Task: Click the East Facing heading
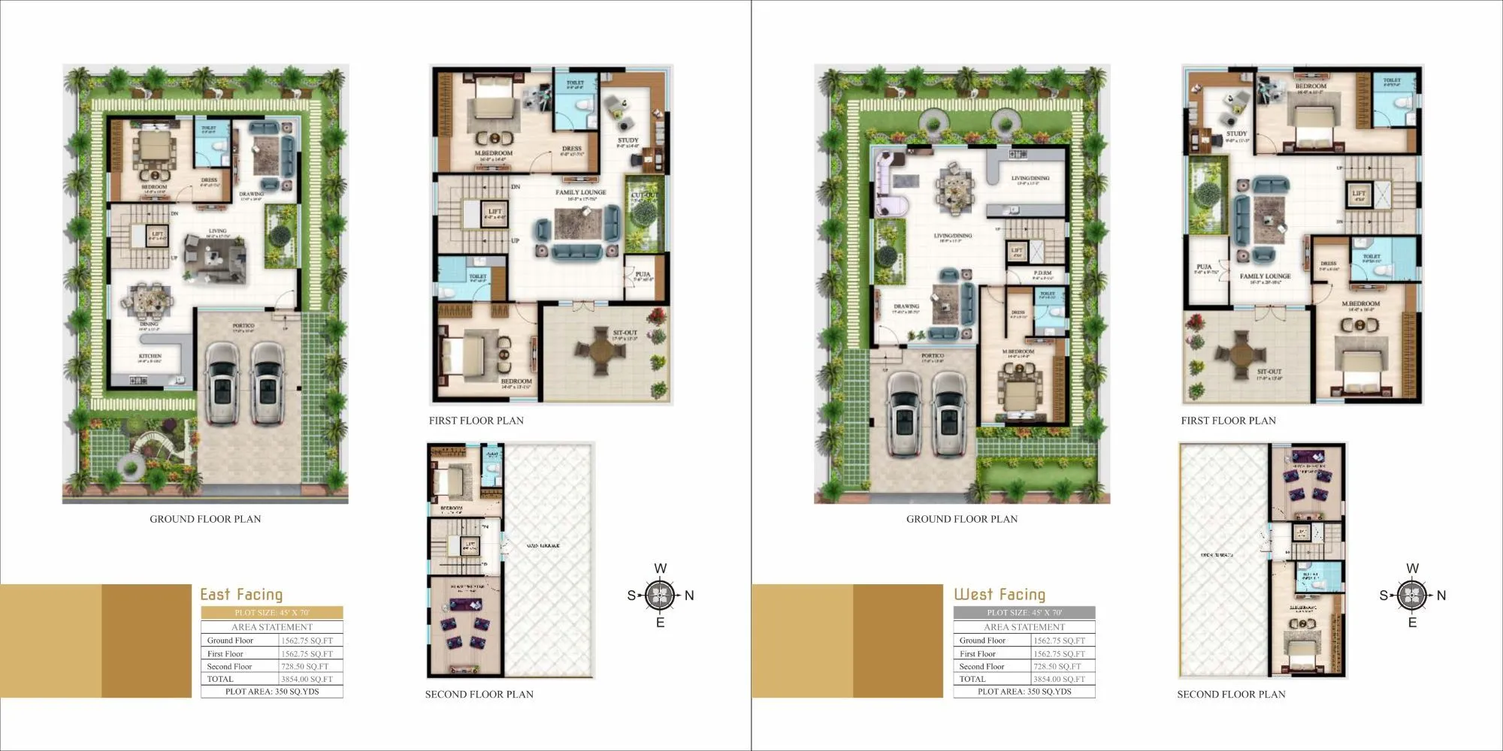[x=241, y=595]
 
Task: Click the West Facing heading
[x=999, y=595]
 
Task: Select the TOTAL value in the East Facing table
[x=307, y=679]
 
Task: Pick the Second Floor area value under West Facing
[x=1057, y=666]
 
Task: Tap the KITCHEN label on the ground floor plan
[x=150, y=356]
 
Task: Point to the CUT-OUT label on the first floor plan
[x=644, y=195]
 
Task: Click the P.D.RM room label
[x=1042, y=273]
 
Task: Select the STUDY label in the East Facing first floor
[x=628, y=140]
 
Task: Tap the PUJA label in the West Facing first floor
[x=1204, y=267]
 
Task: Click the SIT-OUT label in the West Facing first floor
[x=1269, y=372]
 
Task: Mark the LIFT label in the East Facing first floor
[x=494, y=212]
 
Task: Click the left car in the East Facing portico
[x=222, y=385]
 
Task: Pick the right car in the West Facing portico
[x=949, y=413]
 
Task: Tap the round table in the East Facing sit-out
[x=600, y=349]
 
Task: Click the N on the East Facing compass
[x=689, y=596]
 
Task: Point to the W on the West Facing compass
[x=1412, y=569]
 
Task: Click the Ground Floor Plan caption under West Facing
[x=962, y=519]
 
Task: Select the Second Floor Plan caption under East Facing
[x=479, y=694]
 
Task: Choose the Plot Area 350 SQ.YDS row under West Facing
[x=1024, y=692]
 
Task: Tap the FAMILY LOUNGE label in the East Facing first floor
[x=581, y=192]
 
